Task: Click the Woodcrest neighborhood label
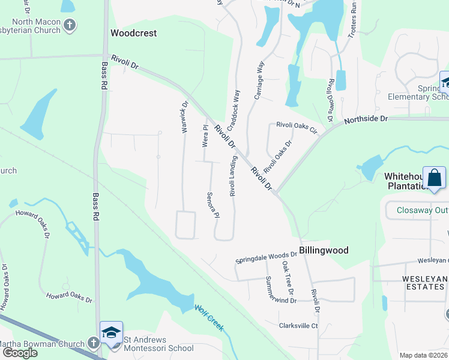point(134,33)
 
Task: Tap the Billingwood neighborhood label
point(323,250)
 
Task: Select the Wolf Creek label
point(209,318)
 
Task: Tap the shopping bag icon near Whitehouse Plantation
point(433,178)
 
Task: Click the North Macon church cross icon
point(70,25)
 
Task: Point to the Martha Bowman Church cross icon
point(92,343)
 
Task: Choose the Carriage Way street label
point(261,76)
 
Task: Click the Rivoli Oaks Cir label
point(296,127)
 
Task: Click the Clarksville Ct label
point(298,326)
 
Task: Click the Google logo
point(20,352)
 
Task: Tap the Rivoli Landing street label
point(233,176)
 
